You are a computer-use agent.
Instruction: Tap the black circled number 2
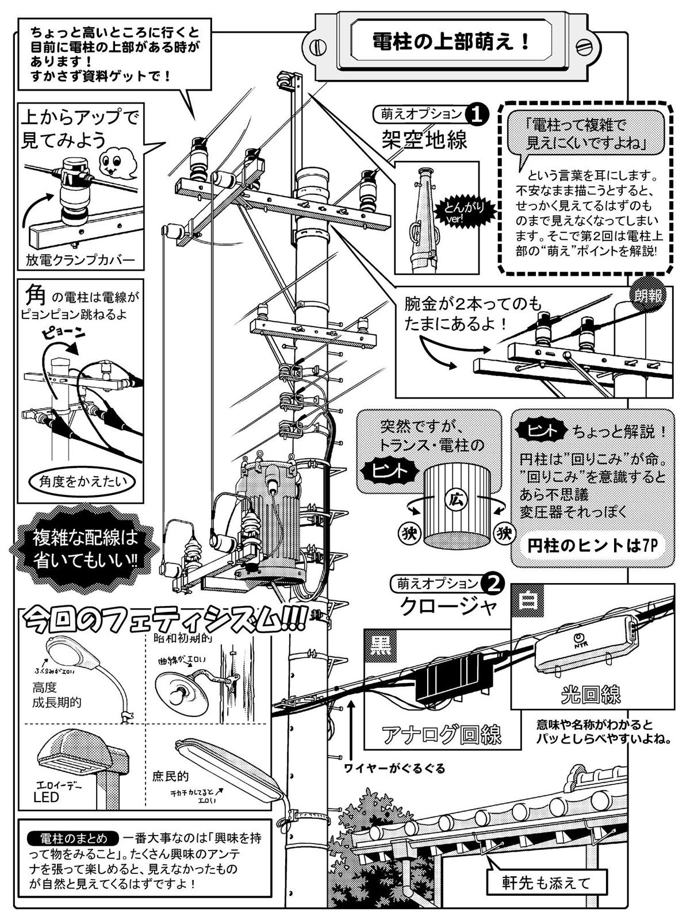[493, 584]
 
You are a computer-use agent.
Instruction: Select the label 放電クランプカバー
[80, 260]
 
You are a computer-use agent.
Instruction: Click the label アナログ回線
[442, 734]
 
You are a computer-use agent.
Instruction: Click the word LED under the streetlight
[47, 797]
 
